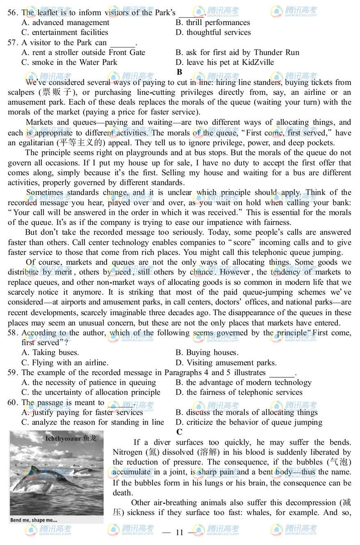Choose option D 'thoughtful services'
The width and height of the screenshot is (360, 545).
click(213, 32)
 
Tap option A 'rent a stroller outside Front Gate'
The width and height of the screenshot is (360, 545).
click(84, 52)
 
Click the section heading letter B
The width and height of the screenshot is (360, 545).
click(179, 72)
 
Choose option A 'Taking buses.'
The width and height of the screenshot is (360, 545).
click(50, 352)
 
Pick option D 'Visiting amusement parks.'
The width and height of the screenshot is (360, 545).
click(226, 362)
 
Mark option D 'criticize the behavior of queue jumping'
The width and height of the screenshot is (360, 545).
click(249, 422)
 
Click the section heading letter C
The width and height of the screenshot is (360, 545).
click(179, 432)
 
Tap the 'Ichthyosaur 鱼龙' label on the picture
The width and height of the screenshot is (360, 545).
click(71, 439)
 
